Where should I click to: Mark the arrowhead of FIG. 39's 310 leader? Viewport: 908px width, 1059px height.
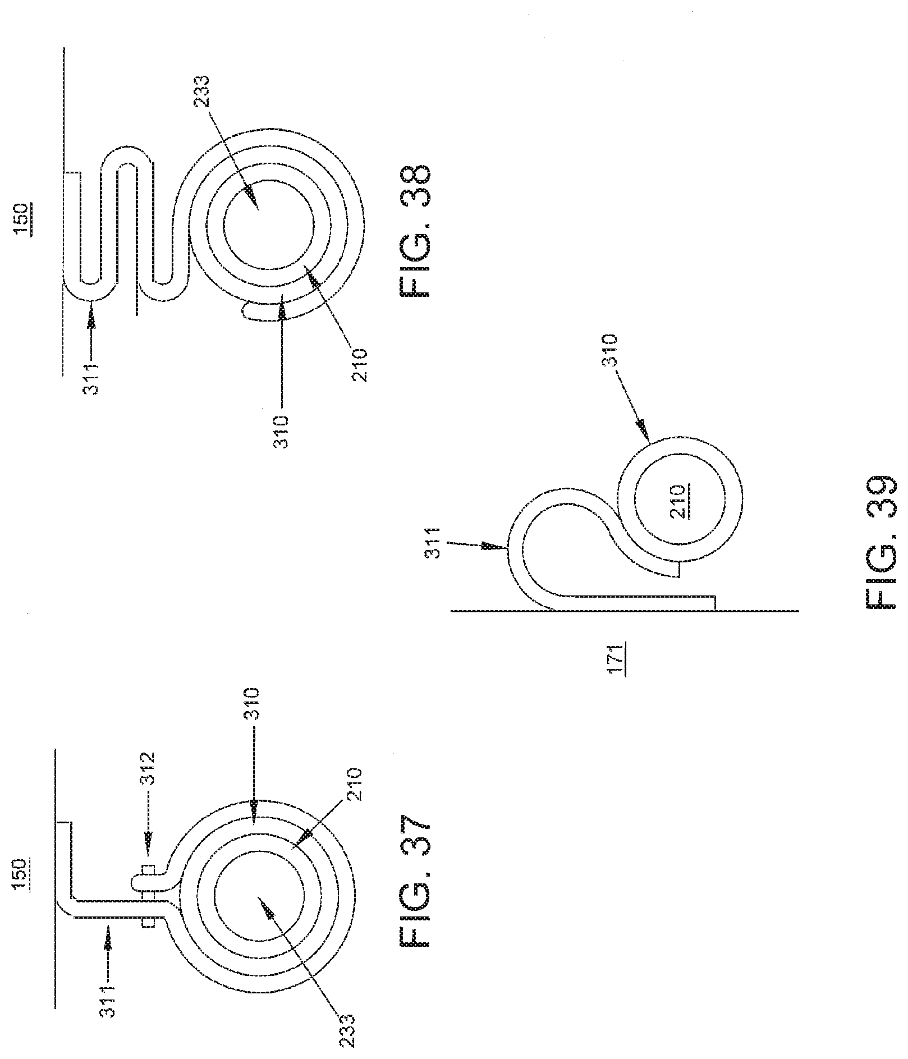pyautogui.click(x=644, y=434)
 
